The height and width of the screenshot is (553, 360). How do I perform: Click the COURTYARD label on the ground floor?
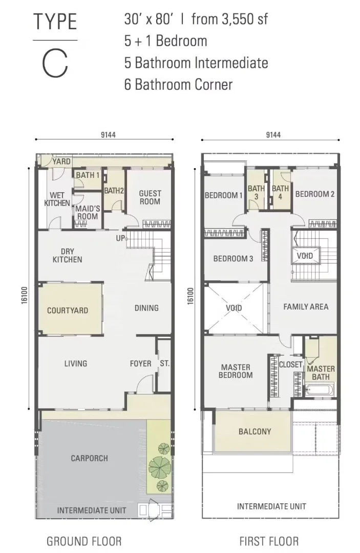(x=68, y=311)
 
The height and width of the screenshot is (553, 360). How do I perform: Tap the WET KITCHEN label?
(x=57, y=199)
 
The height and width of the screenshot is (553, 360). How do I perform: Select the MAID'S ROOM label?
(x=88, y=212)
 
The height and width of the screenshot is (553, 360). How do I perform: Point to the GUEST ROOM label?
(x=150, y=197)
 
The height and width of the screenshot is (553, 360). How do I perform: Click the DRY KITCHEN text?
(x=67, y=256)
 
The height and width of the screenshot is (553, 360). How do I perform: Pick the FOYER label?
(x=140, y=363)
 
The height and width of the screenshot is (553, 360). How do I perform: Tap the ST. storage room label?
(x=164, y=363)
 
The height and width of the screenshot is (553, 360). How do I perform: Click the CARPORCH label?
(x=90, y=459)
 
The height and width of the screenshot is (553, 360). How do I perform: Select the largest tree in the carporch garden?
(x=160, y=467)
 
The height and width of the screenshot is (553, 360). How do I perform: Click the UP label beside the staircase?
(x=120, y=238)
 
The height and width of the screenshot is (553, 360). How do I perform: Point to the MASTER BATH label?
(x=321, y=373)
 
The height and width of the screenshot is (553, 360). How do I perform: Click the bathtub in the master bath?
(x=320, y=391)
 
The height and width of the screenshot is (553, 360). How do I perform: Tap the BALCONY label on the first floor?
(x=255, y=432)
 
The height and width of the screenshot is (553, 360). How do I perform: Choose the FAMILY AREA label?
(x=306, y=307)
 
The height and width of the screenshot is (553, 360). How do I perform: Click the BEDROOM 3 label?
(x=233, y=259)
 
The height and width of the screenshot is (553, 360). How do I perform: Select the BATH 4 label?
(x=281, y=193)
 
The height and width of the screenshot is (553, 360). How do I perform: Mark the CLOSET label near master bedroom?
(x=290, y=364)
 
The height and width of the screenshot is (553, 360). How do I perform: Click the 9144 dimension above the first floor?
(x=273, y=135)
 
